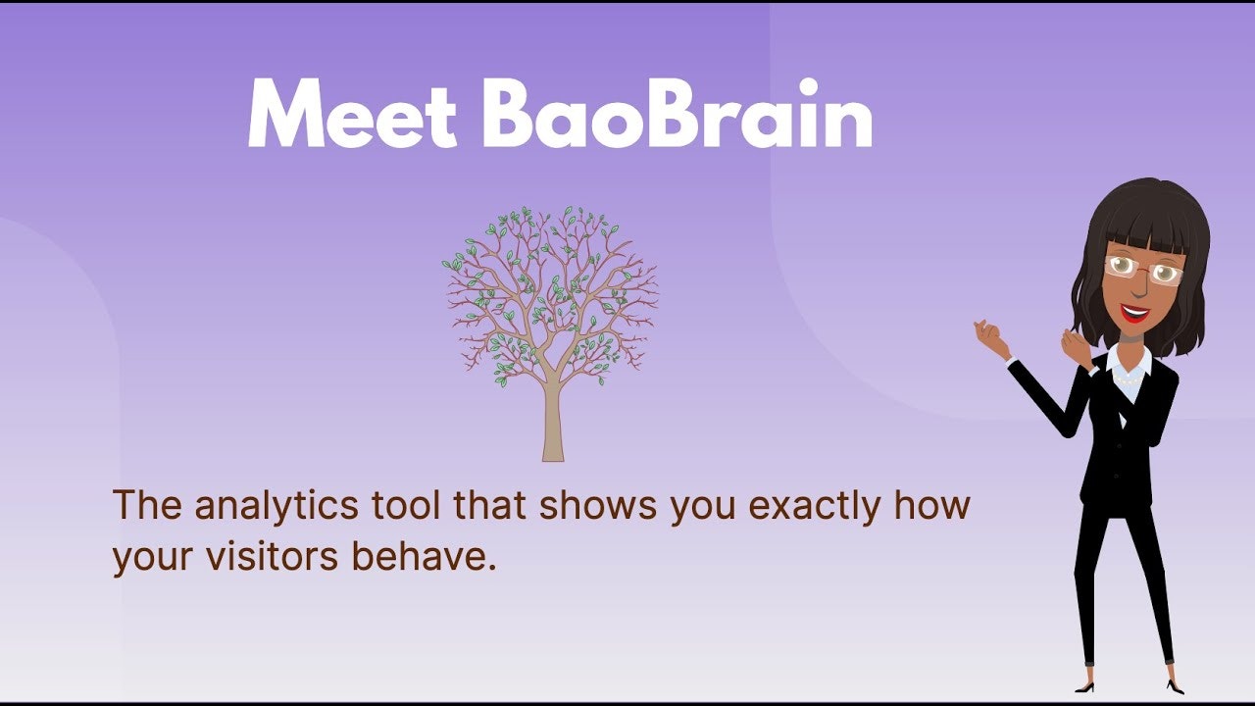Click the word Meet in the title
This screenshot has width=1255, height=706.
(x=352, y=113)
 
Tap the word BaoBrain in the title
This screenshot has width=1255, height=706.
(x=678, y=113)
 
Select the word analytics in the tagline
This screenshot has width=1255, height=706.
(x=276, y=506)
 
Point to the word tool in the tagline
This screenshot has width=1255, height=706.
(x=406, y=504)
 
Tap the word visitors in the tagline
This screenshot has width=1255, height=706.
(x=272, y=556)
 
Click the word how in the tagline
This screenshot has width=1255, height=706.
(x=931, y=504)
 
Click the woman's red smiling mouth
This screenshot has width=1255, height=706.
(x=1134, y=313)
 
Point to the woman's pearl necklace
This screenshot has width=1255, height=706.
(x=1128, y=379)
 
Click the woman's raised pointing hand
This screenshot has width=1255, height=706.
(x=990, y=338)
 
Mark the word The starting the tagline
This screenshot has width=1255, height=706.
(x=147, y=504)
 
